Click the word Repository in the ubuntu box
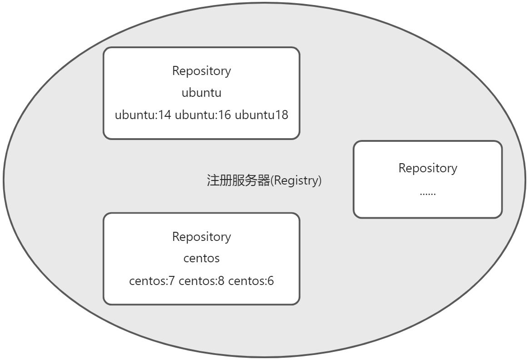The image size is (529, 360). click(x=201, y=71)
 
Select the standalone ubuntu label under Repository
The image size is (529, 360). click(x=201, y=93)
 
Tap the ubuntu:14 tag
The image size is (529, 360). click(x=143, y=115)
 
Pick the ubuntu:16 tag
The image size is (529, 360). click(x=203, y=115)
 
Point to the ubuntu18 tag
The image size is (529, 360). click(x=261, y=115)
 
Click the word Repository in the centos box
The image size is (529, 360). click(x=201, y=237)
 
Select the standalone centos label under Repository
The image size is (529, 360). click(x=201, y=259)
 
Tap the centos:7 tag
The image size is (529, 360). click(x=152, y=281)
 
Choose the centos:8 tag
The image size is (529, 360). click(x=201, y=281)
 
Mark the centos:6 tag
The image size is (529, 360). click(x=251, y=281)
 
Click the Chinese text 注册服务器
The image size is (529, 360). click(x=238, y=181)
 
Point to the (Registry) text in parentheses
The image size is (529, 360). click(x=296, y=181)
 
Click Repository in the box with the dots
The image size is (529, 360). click(x=428, y=168)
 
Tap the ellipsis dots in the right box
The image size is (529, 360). click(x=428, y=193)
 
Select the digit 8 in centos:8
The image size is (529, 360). click(x=221, y=281)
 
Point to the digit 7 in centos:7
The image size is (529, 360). click(x=172, y=281)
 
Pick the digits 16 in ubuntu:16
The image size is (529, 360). click(x=225, y=115)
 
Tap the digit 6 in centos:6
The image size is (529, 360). click(x=271, y=281)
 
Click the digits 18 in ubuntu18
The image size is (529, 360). click(x=282, y=115)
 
